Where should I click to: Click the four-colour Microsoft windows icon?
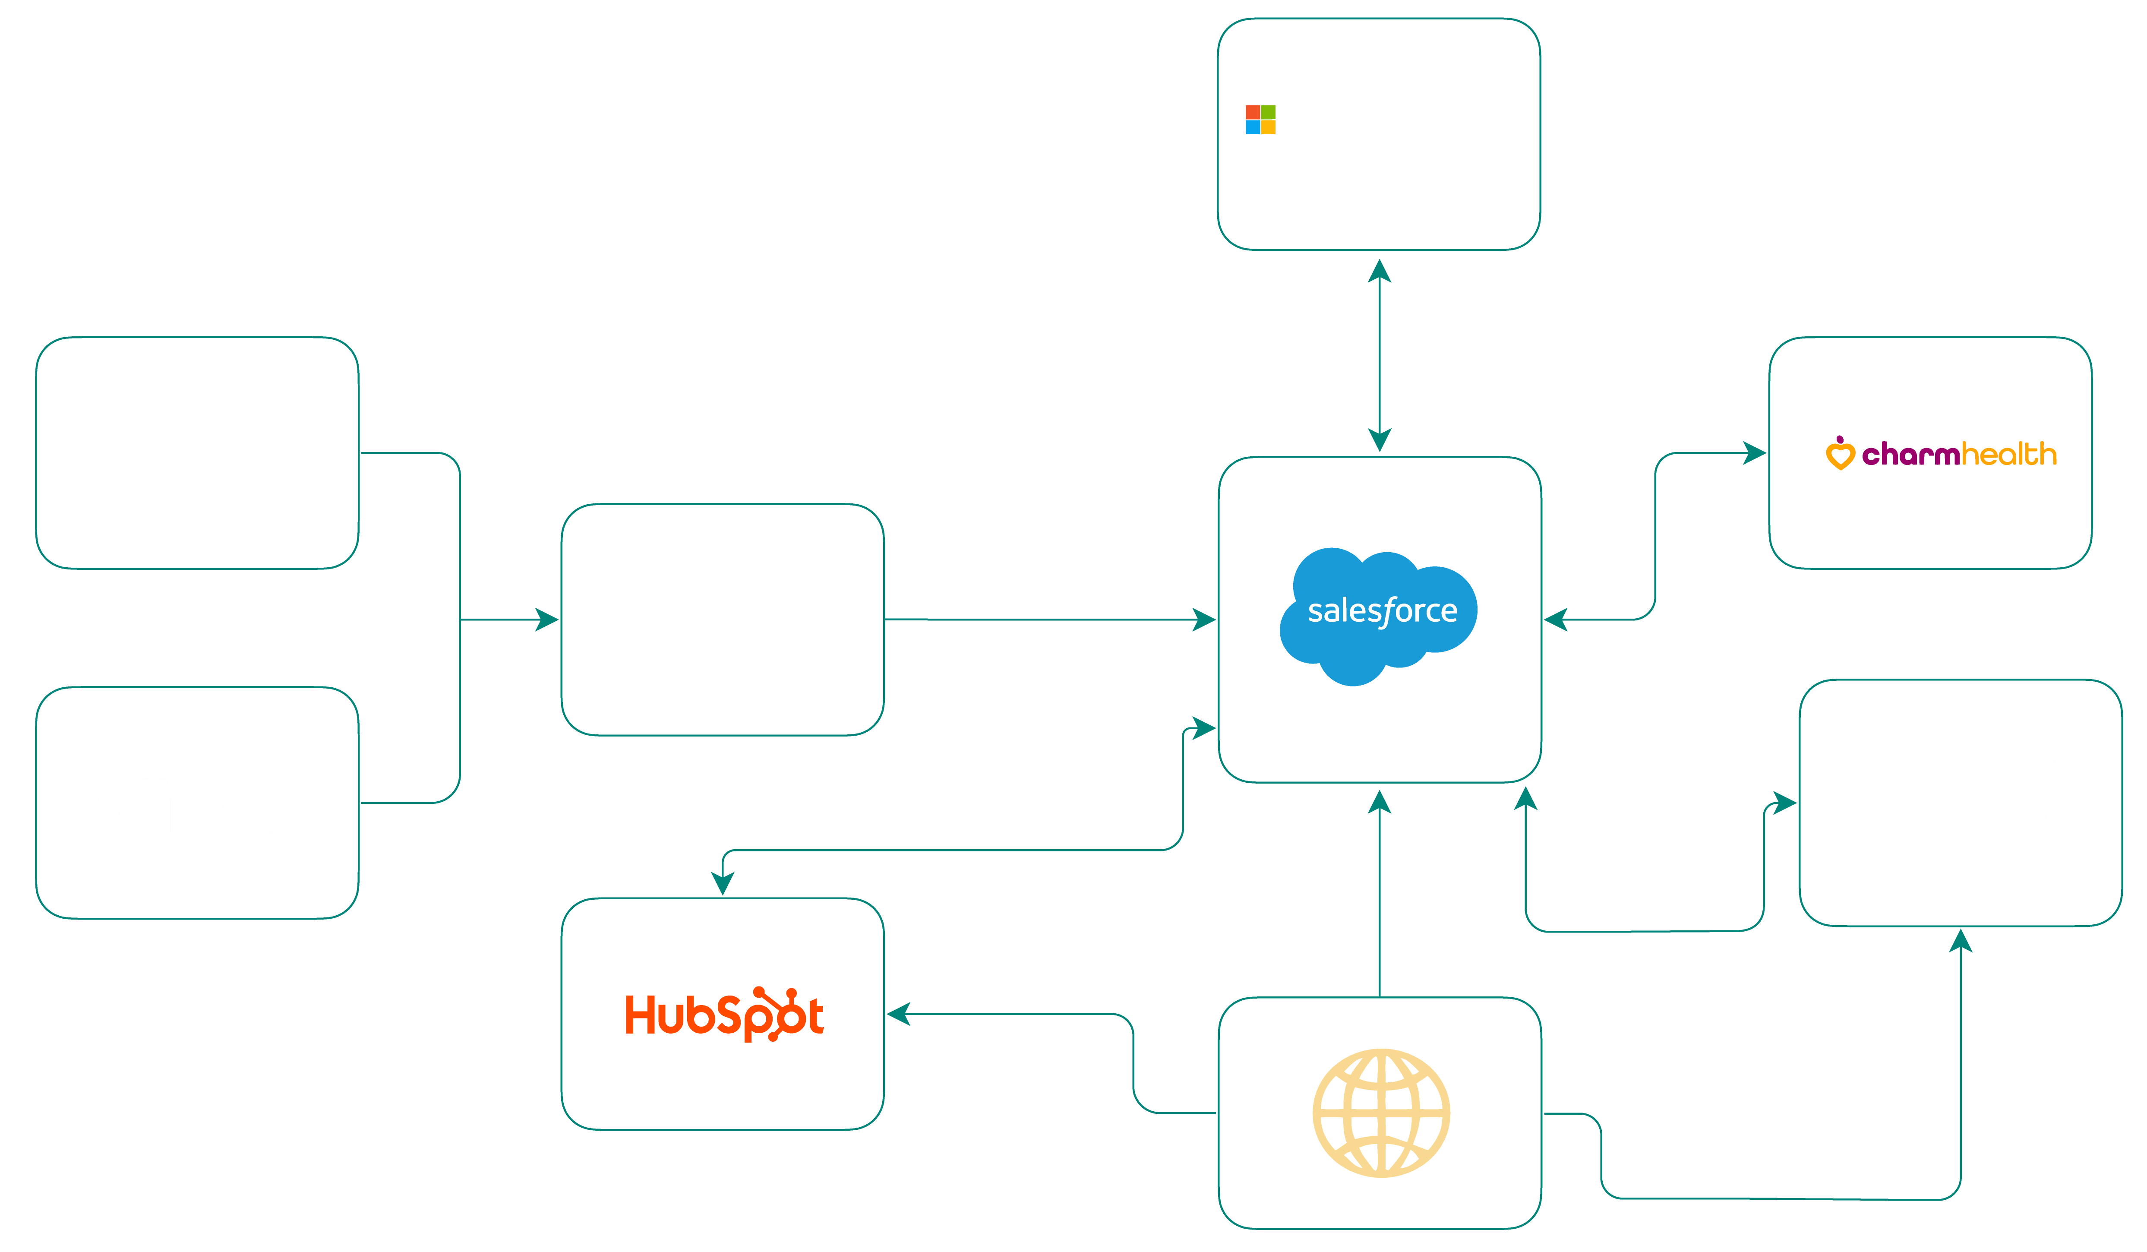[x=1260, y=120]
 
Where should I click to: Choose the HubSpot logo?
[x=724, y=1014]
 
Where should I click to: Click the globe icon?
[x=1380, y=1112]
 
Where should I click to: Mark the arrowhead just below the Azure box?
[x=1380, y=271]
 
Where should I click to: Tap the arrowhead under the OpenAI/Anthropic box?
[x=1961, y=941]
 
